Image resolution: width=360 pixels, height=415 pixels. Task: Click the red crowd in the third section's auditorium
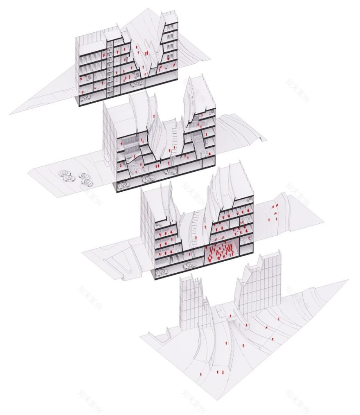click(x=220, y=252)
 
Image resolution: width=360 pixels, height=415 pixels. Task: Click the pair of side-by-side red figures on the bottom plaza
click(x=220, y=372)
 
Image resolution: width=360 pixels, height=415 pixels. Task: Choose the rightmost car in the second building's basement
click(x=171, y=171)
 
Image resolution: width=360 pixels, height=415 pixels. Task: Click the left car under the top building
click(x=86, y=97)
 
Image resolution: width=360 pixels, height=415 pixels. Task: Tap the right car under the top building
click(x=136, y=84)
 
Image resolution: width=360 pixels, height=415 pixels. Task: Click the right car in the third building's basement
click(x=189, y=265)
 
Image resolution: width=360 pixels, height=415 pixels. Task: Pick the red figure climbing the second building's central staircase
click(x=175, y=146)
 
